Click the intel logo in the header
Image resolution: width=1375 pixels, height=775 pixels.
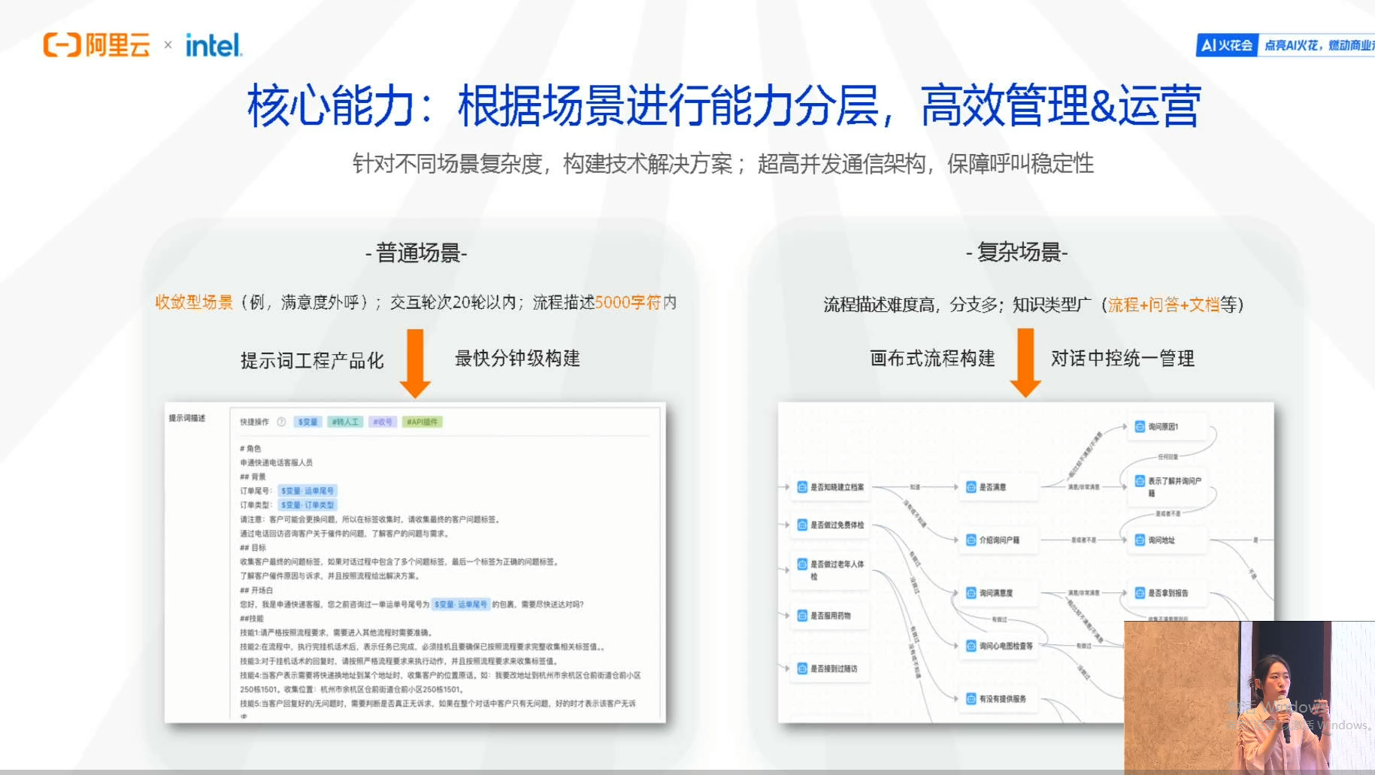(214, 46)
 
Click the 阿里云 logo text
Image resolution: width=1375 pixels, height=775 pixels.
(117, 45)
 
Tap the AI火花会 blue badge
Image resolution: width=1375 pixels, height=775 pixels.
(1227, 45)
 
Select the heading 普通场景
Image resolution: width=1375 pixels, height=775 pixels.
(416, 253)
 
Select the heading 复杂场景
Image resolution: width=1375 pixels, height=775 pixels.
(1017, 253)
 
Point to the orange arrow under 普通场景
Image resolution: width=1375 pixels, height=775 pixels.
(415, 363)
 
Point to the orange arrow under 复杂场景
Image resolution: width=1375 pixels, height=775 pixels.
(1025, 363)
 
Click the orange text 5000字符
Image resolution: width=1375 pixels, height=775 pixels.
(627, 302)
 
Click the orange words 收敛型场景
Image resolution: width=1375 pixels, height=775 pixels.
(194, 302)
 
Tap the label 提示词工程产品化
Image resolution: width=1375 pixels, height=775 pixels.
(312, 361)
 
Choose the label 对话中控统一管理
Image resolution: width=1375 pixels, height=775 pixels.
(1122, 359)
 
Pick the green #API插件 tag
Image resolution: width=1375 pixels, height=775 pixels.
(422, 422)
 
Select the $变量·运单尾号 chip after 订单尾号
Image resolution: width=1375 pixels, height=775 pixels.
(307, 491)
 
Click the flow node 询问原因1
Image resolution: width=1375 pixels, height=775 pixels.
(1162, 427)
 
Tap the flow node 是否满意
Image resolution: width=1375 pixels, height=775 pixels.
(992, 487)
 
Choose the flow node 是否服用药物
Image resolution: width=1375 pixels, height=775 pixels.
(829, 616)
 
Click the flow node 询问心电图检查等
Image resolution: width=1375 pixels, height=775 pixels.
(1004, 646)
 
